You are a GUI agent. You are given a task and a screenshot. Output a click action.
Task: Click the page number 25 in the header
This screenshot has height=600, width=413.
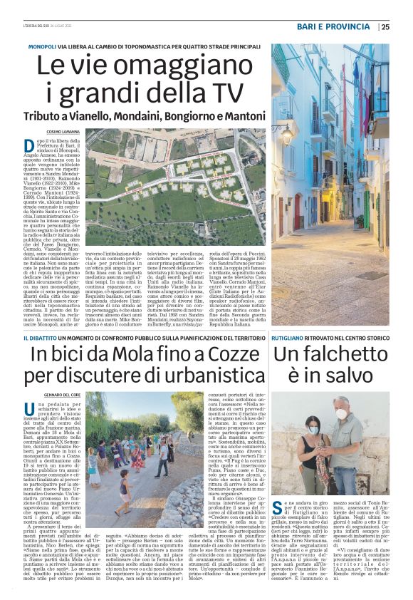(x=385, y=27)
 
